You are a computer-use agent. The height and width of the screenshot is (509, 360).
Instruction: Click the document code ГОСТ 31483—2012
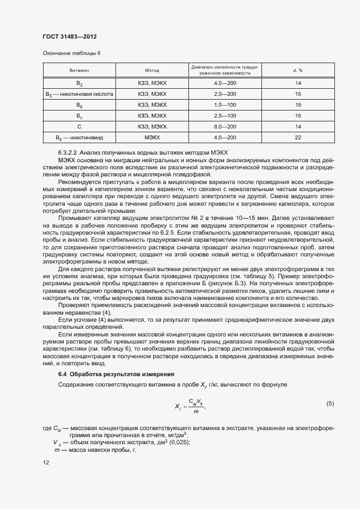click(x=69, y=37)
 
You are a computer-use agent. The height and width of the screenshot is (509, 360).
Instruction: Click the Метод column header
click(x=152, y=71)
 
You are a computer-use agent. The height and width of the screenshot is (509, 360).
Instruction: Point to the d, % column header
click(x=298, y=71)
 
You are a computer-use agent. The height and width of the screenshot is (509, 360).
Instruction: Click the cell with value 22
click(x=298, y=138)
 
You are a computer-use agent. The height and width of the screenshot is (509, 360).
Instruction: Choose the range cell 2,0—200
click(x=225, y=94)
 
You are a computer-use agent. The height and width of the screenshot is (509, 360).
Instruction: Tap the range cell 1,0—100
click(x=225, y=105)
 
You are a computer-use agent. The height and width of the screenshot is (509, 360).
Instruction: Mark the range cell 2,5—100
click(x=225, y=116)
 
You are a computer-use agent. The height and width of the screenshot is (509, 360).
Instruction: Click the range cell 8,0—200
click(x=225, y=127)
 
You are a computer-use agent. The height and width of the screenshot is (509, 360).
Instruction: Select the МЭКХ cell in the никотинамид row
click(x=152, y=138)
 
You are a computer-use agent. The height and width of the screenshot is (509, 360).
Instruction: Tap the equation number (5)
click(x=330, y=403)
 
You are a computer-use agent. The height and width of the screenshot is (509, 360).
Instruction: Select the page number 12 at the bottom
click(x=46, y=462)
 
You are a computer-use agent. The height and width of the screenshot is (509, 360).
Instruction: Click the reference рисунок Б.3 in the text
click(x=228, y=284)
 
